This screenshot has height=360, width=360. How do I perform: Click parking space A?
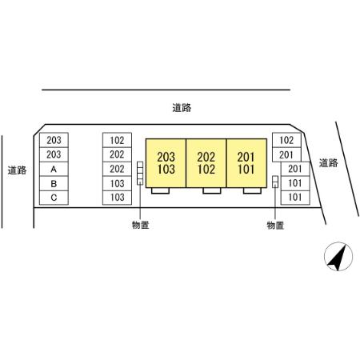click(x=54, y=169)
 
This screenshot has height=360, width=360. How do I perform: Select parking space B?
click(x=54, y=183)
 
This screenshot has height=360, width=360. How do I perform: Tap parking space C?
click(x=54, y=198)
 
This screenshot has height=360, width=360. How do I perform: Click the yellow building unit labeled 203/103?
click(x=166, y=163)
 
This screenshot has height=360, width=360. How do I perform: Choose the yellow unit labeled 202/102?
click(x=206, y=163)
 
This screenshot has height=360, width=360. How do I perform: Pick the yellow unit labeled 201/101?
click(x=246, y=163)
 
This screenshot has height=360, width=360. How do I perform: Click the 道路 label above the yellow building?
click(x=182, y=108)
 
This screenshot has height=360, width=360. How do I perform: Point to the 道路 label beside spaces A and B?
click(x=17, y=170)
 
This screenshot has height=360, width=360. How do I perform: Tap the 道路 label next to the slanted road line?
click(x=329, y=163)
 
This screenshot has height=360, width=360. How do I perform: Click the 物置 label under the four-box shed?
click(x=140, y=225)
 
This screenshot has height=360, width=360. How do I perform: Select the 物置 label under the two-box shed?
click(x=275, y=226)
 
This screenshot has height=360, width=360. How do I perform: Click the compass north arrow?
click(x=338, y=257)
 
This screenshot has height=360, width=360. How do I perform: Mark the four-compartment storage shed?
click(x=140, y=173)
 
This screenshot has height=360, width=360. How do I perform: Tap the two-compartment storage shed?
click(x=275, y=182)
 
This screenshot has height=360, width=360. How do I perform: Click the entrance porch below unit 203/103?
click(x=160, y=190)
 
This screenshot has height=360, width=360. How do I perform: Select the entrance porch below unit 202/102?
click(x=212, y=190)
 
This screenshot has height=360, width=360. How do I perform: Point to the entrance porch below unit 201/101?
click(x=252, y=190)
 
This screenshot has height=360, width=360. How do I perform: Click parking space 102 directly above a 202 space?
click(x=117, y=140)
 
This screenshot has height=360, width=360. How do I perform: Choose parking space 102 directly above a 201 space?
click(x=286, y=140)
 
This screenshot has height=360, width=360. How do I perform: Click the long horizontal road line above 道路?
click(x=166, y=90)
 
